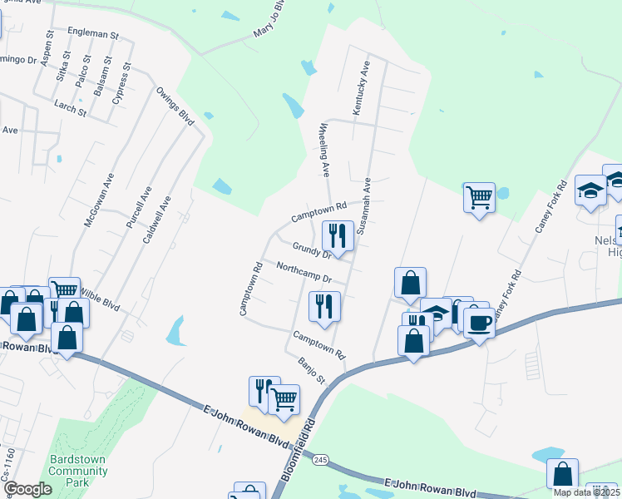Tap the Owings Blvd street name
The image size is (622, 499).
pos(175,106)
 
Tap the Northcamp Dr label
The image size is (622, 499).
pos(304,273)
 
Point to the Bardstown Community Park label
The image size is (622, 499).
pos(78,466)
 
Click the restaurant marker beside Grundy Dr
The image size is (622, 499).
pos(338,236)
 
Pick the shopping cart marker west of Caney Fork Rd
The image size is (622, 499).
pos(479,198)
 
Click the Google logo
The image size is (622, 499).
pos(28,489)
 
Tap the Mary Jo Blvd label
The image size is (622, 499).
pos(274,25)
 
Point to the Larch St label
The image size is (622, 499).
pos(70,109)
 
